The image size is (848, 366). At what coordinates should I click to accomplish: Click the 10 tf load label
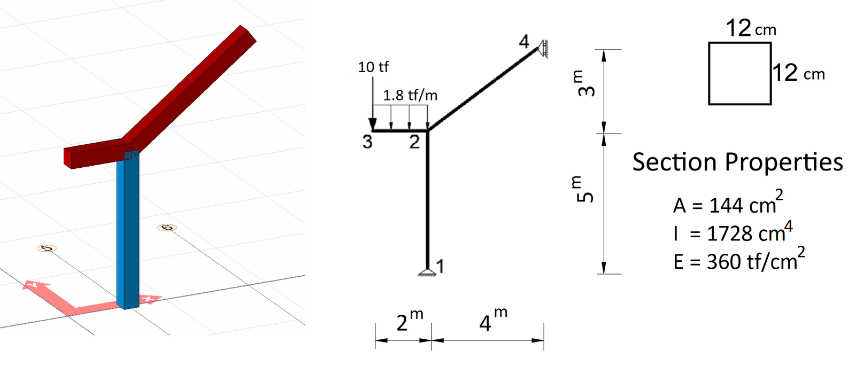(373, 67)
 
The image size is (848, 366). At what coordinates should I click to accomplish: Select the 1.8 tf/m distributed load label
(410, 96)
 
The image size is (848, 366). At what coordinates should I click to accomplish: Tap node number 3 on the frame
(367, 142)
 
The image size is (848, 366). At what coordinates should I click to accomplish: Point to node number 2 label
(414, 142)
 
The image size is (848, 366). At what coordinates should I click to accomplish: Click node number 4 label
(524, 42)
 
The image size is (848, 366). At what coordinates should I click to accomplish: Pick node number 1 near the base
(440, 267)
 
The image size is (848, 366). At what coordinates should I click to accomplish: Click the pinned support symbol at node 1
(427, 272)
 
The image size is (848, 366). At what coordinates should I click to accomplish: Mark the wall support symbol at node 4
(543, 49)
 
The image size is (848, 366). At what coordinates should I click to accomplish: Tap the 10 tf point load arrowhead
(373, 124)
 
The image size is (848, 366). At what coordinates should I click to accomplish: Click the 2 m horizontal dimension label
(409, 321)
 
